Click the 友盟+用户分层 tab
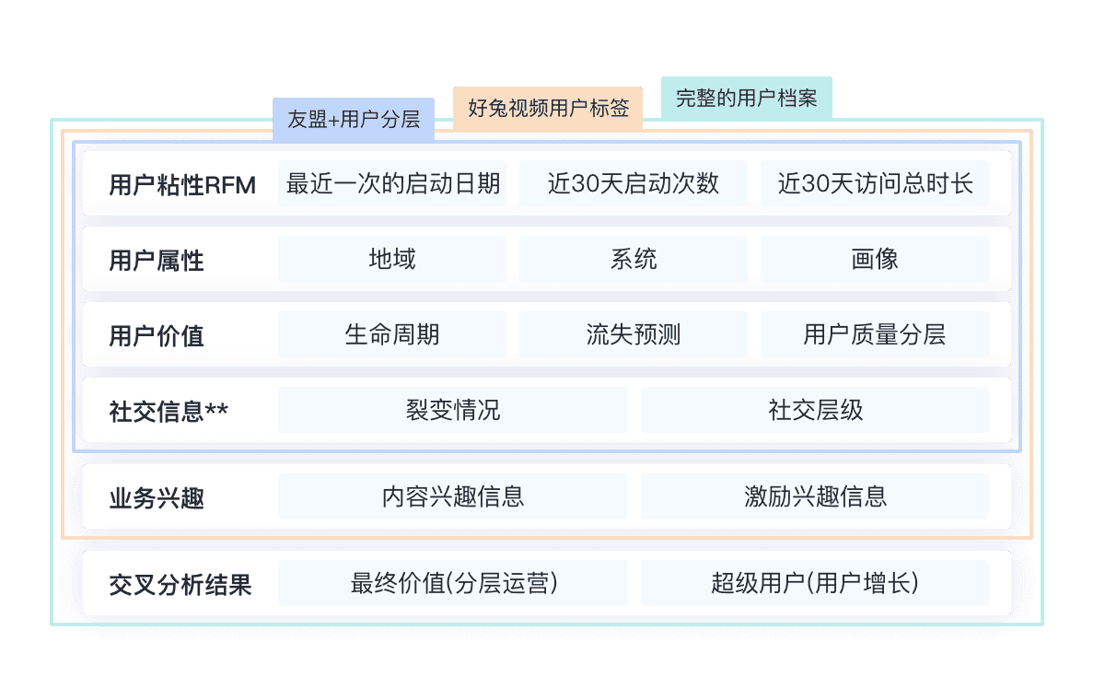tap(354, 119)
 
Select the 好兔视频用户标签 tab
tap(549, 108)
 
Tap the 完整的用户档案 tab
tap(746, 98)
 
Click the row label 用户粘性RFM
tap(181, 184)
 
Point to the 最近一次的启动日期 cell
tap(392, 183)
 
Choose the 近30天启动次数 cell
tap(634, 183)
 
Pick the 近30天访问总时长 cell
tap(874, 183)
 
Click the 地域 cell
tap(392, 259)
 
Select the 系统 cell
tap(634, 259)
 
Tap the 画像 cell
tap(874, 259)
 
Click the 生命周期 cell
tap(392, 334)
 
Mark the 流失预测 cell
tap(634, 334)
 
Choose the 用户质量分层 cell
tap(874, 334)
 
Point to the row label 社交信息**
tap(169, 411)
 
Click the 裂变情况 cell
tap(453, 410)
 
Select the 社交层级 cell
tap(815, 410)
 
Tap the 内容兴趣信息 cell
tap(453, 496)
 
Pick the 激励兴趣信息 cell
tap(815, 496)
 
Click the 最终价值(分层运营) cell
tap(453, 583)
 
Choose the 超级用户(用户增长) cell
tap(815, 583)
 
